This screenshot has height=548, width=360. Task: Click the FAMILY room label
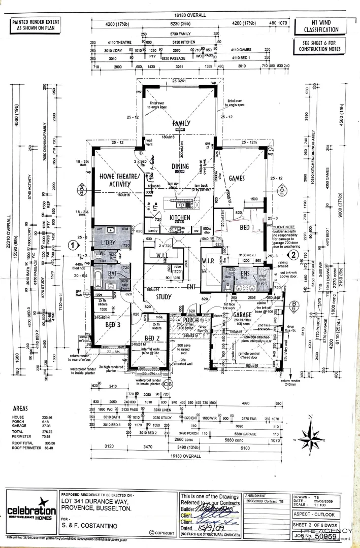pyautogui.click(x=181, y=123)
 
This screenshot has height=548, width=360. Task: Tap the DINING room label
pyautogui.click(x=180, y=166)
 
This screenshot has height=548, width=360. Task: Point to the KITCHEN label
pyautogui.click(x=180, y=217)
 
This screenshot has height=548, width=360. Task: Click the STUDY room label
pyautogui.click(x=163, y=297)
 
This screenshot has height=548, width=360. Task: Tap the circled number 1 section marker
pyautogui.click(x=73, y=245)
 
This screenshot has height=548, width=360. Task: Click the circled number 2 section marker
pyautogui.click(x=292, y=254)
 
